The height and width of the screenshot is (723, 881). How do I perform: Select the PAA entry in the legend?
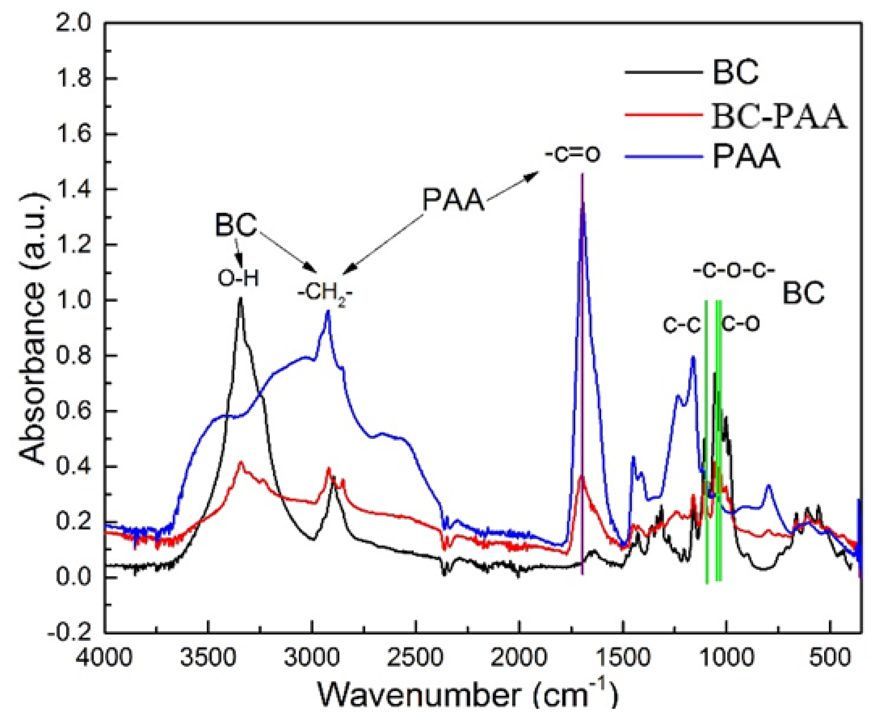pyautogui.click(x=746, y=157)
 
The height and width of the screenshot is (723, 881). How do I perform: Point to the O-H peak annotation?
pyautogui.click(x=238, y=278)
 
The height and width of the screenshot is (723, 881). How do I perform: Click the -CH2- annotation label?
pyautogui.click(x=325, y=294)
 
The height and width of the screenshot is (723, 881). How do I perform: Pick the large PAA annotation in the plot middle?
pyautogui.click(x=454, y=200)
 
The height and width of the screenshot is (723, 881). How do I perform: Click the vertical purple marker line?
pyautogui.click(x=582, y=375)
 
